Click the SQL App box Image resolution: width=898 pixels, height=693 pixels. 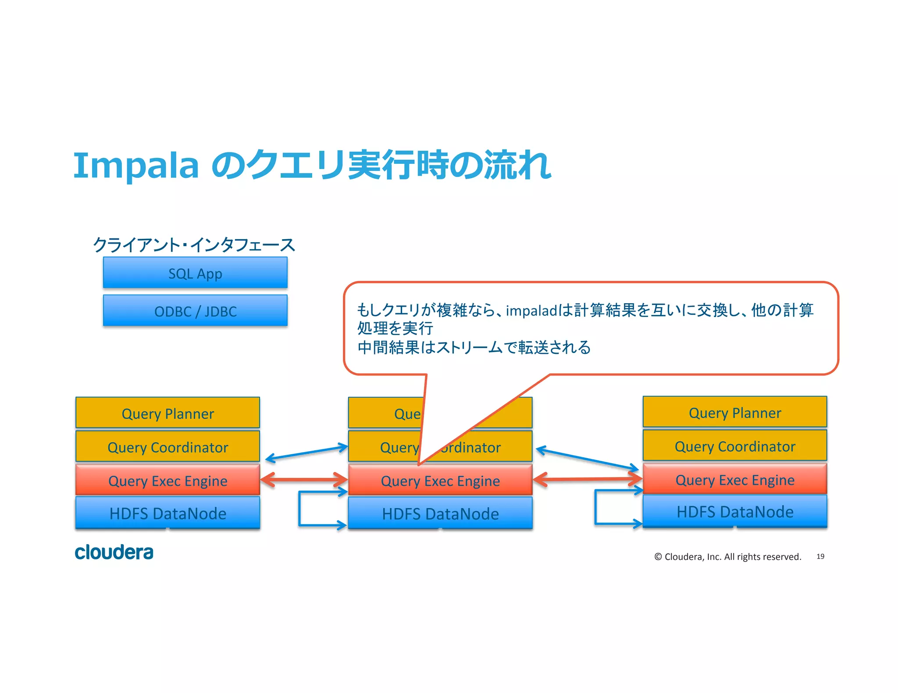[195, 272]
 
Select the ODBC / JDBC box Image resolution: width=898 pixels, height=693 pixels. [195, 310]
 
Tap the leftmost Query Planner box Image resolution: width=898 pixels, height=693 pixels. [167, 413]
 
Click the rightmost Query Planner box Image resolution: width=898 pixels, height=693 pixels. [734, 412]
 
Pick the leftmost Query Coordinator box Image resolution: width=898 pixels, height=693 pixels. [167, 446]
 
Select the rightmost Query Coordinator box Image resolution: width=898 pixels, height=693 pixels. [734, 445]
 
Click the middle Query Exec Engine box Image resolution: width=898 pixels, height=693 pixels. [440, 480]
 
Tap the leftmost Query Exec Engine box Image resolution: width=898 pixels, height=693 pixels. [167, 480]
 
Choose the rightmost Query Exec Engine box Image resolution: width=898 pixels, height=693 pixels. [734, 479]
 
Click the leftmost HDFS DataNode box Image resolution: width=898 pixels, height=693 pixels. [167, 513]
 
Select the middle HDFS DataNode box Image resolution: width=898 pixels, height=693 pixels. [440, 513]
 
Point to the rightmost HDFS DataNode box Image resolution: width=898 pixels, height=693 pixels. [734, 511]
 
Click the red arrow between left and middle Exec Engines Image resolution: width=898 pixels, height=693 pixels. [304, 479]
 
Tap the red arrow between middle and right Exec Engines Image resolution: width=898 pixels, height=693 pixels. [588, 479]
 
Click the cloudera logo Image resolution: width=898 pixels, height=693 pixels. [114, 552]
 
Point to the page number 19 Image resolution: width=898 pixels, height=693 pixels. [820, 556]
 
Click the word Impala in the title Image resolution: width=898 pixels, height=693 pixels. [136, 166]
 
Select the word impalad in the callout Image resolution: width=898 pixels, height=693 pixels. [531, 310]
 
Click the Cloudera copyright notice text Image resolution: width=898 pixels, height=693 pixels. [727, 556]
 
